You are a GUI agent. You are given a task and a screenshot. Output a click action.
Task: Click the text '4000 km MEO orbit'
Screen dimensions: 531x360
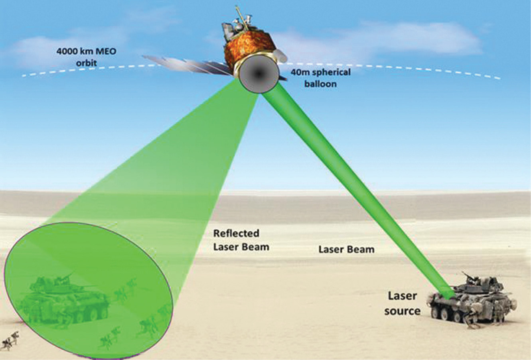[86, 57]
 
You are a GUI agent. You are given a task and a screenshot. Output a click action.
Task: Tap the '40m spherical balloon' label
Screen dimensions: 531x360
[320, 78]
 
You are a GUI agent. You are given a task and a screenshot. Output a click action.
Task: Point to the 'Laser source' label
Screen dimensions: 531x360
[402, 303]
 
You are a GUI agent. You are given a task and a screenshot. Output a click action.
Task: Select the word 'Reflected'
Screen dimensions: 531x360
[236, 234]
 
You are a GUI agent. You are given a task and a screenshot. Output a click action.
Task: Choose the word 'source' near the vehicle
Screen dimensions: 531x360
[403, 311]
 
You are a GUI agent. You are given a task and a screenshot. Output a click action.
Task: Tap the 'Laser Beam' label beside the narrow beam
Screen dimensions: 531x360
[346, 250]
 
